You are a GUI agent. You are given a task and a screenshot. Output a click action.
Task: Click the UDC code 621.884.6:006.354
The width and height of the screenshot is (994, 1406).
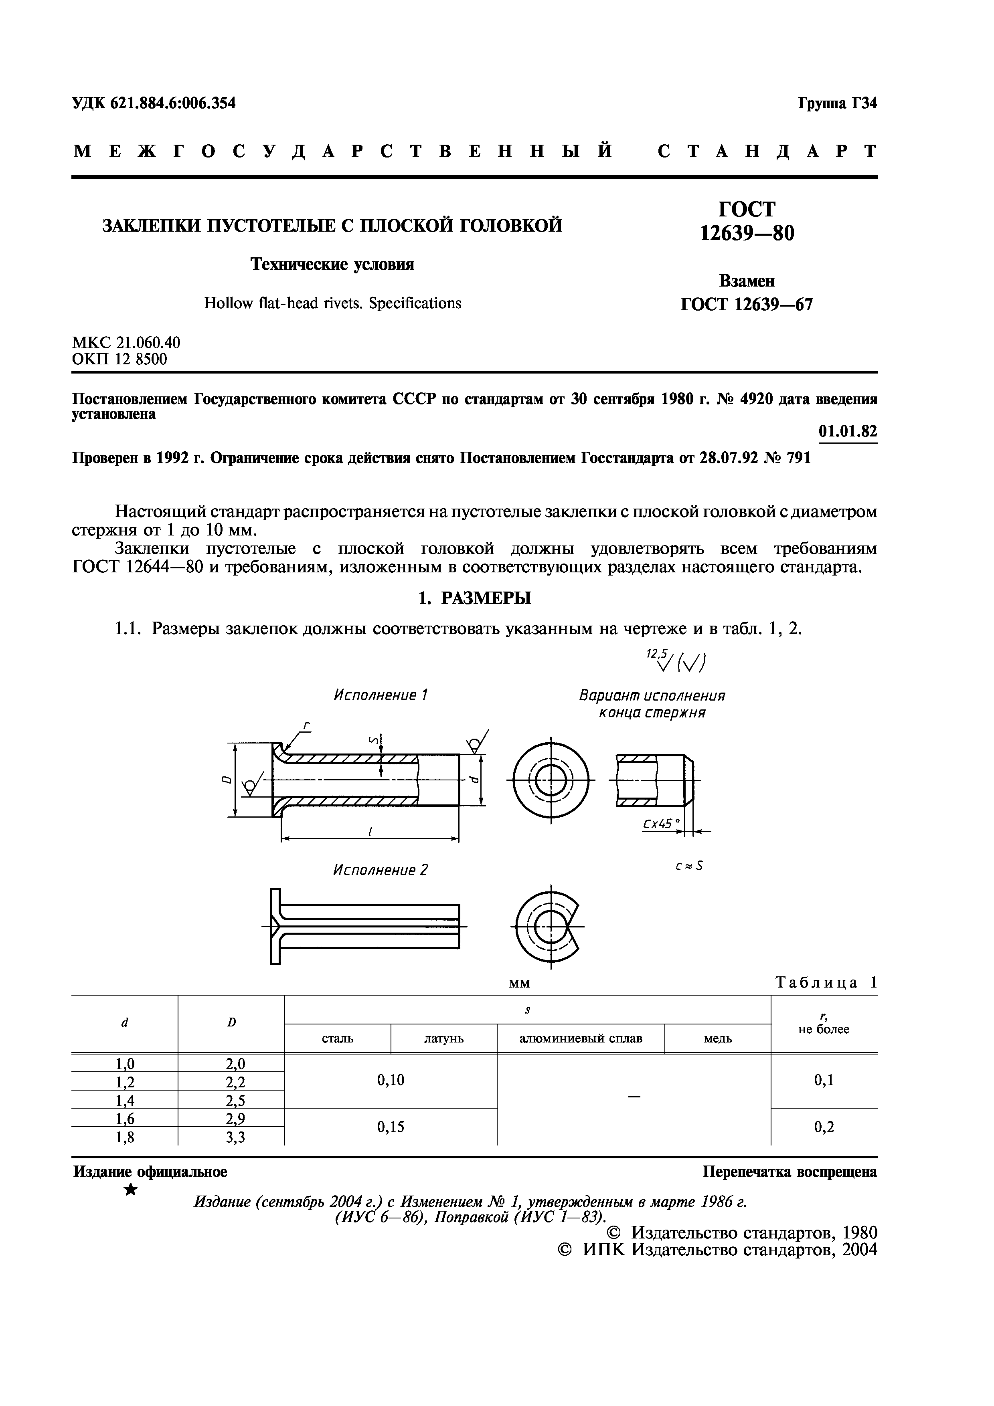pyautogui.click(x=154, y=103)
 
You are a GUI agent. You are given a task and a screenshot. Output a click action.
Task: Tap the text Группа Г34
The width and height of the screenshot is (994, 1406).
pyautogui.click(x=837, y=103)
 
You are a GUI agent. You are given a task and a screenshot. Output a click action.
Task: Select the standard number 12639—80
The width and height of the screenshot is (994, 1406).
pyautogui.click(x=747, y=233)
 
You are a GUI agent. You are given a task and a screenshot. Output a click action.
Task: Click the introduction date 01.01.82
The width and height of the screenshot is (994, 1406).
pyautogui.click(x=848, y=432)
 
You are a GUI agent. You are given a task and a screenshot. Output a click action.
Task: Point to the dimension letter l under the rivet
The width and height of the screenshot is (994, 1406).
pyautogui.click(x=370, y=831)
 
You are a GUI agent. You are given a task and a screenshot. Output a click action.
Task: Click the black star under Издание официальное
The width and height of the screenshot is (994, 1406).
pyautogui.click(x=130, y=1190)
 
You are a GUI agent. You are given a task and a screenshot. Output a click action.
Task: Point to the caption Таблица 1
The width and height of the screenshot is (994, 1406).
pyautogui.click(x=826, y=983)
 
